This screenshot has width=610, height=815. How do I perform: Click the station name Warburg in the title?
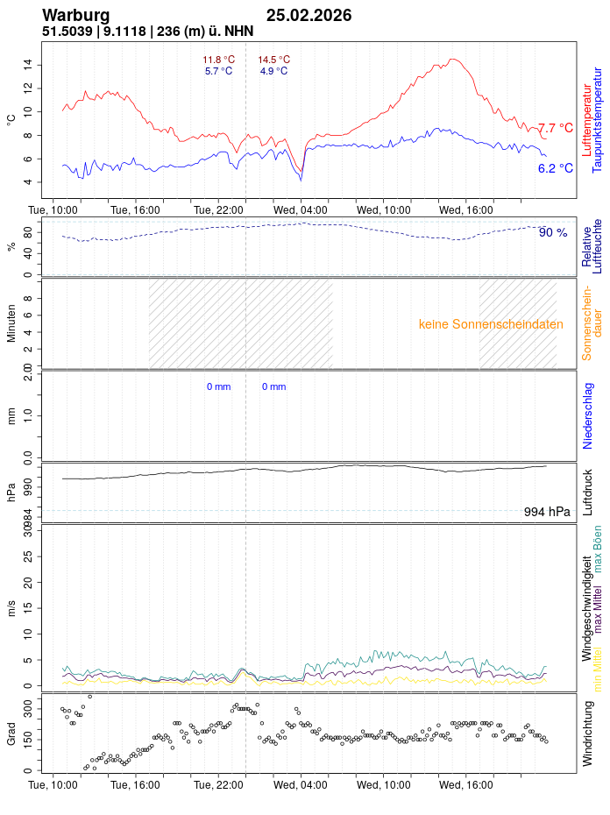[75, 15]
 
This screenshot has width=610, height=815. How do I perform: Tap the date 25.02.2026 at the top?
[309, 15]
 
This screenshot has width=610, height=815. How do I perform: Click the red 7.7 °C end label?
[555, 128]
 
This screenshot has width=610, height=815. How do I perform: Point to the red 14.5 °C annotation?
[273, 60]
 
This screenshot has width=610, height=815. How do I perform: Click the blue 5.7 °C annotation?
[218, 71]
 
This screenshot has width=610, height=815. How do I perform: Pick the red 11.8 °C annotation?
[218, 60]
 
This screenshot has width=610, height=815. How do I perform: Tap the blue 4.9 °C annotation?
[273, 71]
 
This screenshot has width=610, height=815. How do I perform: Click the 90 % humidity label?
[553, 232]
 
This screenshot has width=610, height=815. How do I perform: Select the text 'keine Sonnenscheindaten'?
[491, 324]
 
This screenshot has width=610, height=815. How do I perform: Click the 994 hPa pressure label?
[547, 512]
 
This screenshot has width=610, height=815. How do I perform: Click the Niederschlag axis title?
[587, 415]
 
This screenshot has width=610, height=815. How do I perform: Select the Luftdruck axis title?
[587, 493]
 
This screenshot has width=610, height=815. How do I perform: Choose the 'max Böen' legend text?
[598, 549]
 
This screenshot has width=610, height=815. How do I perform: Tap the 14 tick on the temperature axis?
[28, 65]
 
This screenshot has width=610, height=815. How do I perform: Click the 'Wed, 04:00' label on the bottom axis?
[301, 786]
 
